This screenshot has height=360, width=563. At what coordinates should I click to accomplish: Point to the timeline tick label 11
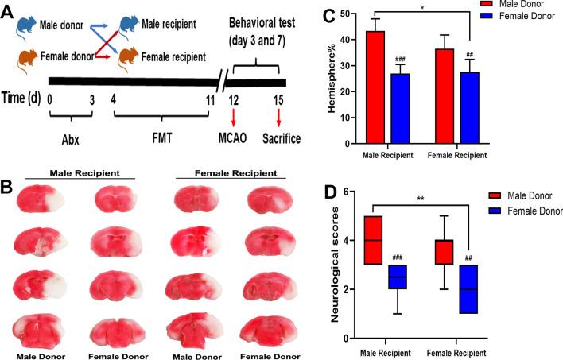point(208,101)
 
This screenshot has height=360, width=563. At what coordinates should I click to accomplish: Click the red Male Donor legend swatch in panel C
point(488,5)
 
